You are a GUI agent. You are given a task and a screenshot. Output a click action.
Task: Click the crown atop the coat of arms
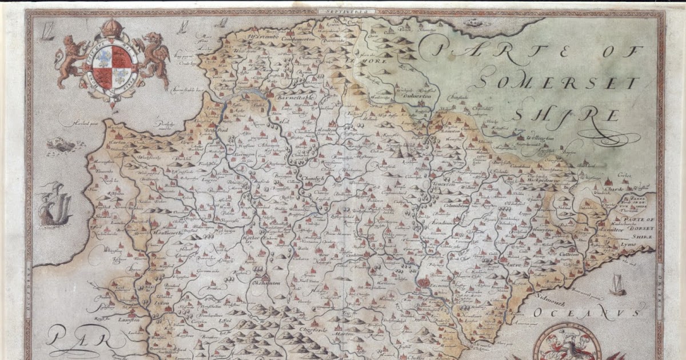click(x=112, y=29)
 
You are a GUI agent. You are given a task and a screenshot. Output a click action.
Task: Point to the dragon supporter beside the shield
click(x=153, y=57)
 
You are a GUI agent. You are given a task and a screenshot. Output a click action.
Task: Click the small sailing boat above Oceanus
click(x=617, y=284)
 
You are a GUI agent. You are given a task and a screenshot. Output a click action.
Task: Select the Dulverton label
click(x=416, y=95)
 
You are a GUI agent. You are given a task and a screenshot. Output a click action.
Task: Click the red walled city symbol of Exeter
click(x=425, y=282)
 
